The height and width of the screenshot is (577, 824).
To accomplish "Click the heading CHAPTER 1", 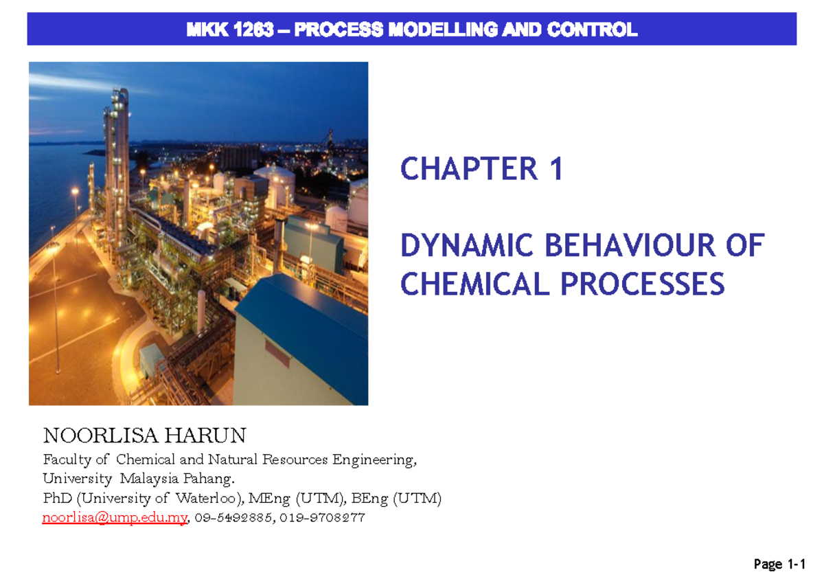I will (x=481, y=169).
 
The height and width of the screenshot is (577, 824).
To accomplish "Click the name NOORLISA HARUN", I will (x=144, y=435).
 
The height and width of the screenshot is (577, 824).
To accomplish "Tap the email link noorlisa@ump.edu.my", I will (x=115, y=519).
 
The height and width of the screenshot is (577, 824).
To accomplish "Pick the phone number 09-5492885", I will (x=233, y=519).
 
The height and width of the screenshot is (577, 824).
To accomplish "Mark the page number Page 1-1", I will (x=778, y=565).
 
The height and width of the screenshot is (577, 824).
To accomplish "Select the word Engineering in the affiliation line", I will (x=374, y=460).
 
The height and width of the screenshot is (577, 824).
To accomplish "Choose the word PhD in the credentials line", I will (x=56, y=499).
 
